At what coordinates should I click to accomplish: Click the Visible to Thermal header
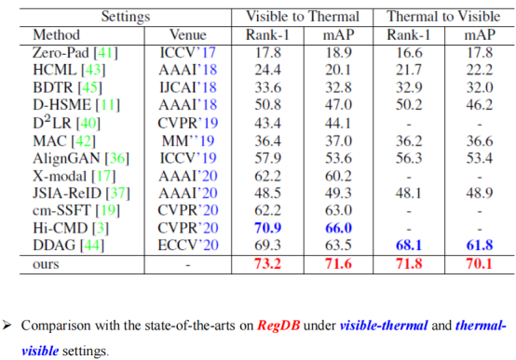(302, 17)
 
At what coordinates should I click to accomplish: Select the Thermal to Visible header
(443, 17)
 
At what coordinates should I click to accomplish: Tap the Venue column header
(188, 34)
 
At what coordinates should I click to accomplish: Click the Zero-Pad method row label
(75, 53)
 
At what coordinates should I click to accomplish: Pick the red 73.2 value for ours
(267, 263)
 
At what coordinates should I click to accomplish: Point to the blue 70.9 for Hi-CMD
(267, 228)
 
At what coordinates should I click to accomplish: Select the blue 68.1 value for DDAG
(408, 246)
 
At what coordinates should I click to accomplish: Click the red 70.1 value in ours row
(479, 263)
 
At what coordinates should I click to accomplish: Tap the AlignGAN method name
(66, 158)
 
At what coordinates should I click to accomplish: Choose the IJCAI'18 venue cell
(188, 87)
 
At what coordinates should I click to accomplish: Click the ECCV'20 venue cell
(188, 246)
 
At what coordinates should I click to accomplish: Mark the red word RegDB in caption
(278, 326)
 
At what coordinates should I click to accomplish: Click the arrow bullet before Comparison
(7, 326)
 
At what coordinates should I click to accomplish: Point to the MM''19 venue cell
(188, 141)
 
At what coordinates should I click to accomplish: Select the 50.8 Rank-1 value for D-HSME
(267, 105)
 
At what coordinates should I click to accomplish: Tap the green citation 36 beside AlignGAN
(117, 158)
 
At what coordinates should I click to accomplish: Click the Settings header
(126, 17)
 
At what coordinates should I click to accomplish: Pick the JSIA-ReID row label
(67, 193)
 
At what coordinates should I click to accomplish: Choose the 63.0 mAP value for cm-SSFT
(338, 210)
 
